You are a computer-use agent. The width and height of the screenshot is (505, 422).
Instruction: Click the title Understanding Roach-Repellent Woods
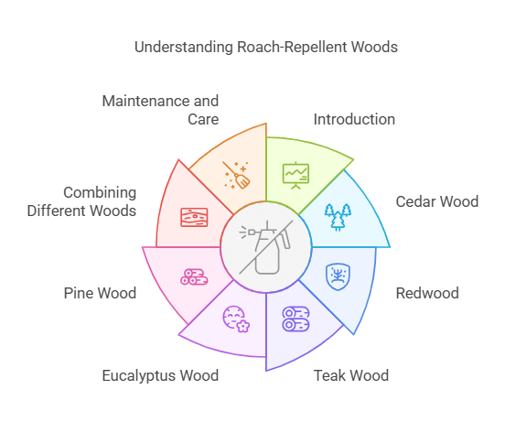(x=266, y=46)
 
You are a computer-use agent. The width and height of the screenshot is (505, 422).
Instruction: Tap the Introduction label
(x=354, y=119)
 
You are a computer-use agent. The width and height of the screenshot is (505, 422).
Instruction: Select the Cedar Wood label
(x=436, y=201)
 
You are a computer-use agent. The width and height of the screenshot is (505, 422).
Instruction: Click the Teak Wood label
(x=351, y=375)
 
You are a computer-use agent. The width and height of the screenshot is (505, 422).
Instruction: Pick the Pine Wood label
(x=100, y=294)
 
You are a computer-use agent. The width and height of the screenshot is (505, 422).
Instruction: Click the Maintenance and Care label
(x=160, y=110)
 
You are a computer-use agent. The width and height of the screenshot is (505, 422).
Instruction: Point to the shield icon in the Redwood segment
(x=338, y=275)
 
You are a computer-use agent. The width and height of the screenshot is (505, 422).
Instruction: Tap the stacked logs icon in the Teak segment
(x=295, y=319)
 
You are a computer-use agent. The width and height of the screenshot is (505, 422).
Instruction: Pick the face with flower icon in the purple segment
(x=236, y=319)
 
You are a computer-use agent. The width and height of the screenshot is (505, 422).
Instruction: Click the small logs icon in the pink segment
(x=193, y=276)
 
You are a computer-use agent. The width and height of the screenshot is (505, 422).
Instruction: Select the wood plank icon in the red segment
(x=194, y=217)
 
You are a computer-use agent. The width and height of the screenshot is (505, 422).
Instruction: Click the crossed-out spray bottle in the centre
(x=265, y=247)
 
